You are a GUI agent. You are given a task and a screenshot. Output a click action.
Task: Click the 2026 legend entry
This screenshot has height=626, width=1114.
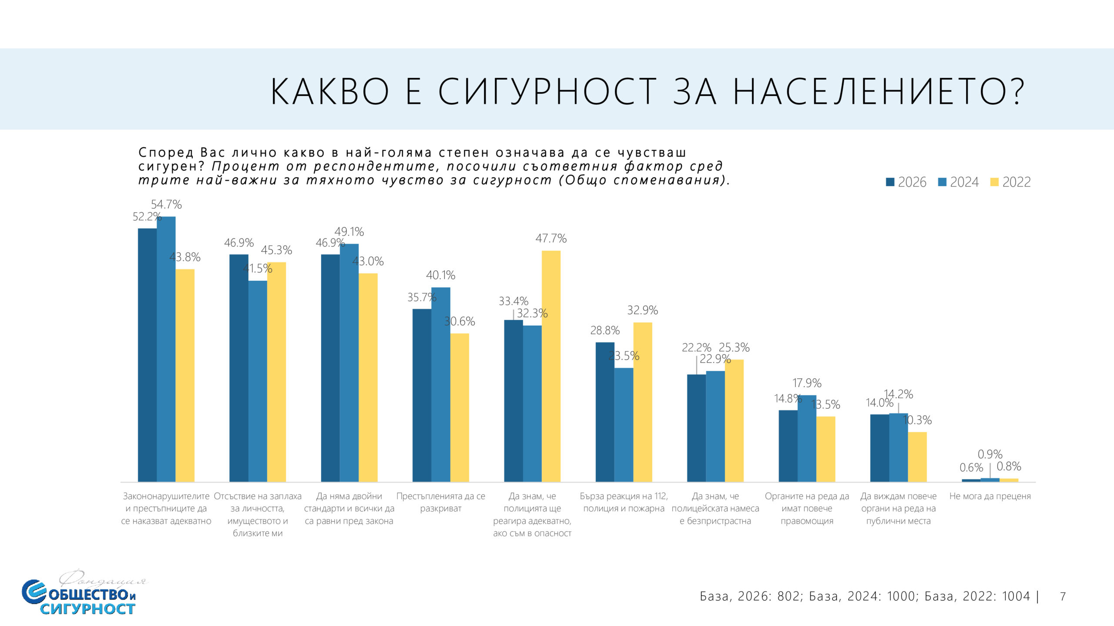[x=906, y=182]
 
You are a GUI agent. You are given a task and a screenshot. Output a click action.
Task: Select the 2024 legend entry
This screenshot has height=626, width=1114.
[x=958, y=182]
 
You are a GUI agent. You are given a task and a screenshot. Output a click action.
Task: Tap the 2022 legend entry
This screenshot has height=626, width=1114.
[x=1010, y=182]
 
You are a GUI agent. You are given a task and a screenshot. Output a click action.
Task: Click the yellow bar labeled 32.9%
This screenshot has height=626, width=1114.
[x=643, y=402]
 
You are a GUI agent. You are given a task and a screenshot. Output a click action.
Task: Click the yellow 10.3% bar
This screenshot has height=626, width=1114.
[x=917, y=456]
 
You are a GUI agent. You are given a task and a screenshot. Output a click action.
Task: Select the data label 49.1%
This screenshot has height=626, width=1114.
[x=349, y=232]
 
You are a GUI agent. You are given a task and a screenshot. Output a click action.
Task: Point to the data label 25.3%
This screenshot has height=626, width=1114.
[x=734, y=347]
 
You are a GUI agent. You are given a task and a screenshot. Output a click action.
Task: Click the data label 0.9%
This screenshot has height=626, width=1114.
[x=990, y=454]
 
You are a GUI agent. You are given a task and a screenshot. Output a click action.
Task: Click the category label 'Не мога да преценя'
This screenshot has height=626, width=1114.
[x=990, y=496]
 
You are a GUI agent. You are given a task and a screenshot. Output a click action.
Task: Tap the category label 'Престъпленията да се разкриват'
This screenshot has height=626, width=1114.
[x=441, y=502]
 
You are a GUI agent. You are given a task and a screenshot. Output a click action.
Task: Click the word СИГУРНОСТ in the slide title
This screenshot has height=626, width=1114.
[x=547, y=92]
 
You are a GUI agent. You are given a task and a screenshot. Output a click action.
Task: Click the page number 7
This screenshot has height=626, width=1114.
[x=1063, y=596]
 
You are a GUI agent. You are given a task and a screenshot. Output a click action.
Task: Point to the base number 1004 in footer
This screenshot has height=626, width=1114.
[x=1016, y=596]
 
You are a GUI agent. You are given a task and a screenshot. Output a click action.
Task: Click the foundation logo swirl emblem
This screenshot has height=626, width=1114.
[x=34, y=591]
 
